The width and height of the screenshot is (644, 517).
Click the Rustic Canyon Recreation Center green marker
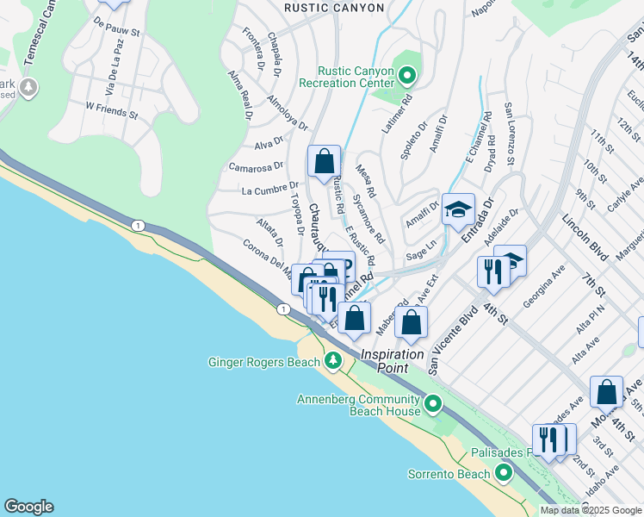point(408,77)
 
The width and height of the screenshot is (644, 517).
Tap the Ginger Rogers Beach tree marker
point(331,362)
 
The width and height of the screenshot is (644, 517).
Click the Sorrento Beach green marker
point(502,473)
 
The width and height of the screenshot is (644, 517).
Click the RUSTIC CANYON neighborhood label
point(335,8)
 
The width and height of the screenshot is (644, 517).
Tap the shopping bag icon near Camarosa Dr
point(324,161)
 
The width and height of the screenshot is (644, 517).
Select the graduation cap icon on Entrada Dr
point(459,209)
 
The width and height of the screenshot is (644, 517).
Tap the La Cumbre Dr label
point(269,188)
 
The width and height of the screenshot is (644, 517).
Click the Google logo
point(28,507)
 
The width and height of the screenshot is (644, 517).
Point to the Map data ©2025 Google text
point(591,510)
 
